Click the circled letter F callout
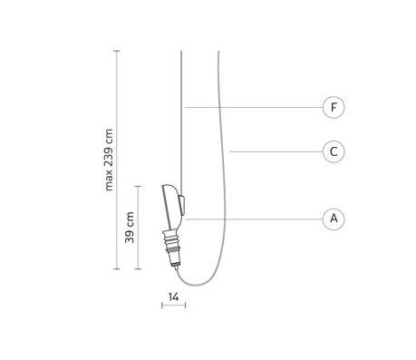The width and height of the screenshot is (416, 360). [334, 107]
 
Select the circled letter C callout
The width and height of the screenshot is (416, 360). [334, 151]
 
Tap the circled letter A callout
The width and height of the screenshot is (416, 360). [334, 219]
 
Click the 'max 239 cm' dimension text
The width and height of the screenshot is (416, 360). [109, 160]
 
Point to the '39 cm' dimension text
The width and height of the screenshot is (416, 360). [130, 228]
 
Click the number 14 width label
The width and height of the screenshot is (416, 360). [173, 297]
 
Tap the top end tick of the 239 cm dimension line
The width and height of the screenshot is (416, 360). [117, 51]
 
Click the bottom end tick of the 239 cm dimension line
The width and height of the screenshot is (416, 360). [117, 268]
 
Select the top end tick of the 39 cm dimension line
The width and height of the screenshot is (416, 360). [138, 186]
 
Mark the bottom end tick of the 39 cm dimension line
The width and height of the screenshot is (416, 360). [138, 268]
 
